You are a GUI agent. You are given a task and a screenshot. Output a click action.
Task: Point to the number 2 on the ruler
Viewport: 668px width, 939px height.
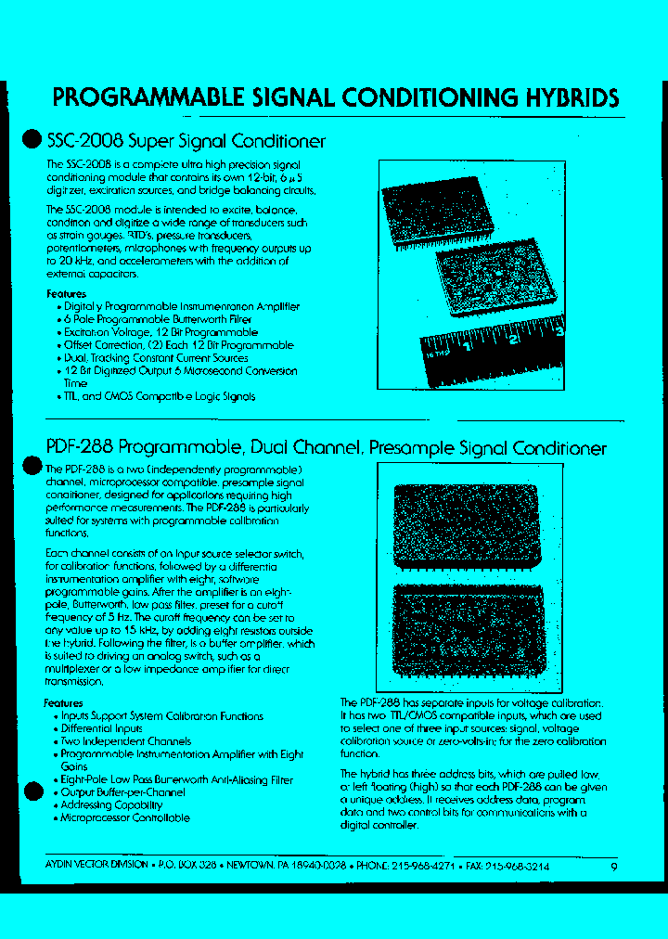pyautogui.click(x=512, y=340)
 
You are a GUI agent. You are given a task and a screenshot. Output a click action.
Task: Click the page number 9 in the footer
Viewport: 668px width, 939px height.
pyautogui.click(x=613, y=867)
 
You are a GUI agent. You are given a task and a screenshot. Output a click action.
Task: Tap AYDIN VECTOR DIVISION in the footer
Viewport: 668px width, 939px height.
pyautogui.click(x=96, y=865)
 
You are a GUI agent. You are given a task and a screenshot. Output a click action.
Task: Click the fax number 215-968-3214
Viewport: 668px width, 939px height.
pyautogui.click(x=517, y=866)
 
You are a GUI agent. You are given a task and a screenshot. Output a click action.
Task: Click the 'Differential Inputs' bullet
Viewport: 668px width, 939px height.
pyautogui.click(x=102, y=729)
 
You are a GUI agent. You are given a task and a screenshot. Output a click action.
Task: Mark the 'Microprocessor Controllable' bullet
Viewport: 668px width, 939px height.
pyautogui.click(x=125, y=818)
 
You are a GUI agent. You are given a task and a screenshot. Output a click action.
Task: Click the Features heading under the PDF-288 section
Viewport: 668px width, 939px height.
pyautogui.click(x=63, y=703)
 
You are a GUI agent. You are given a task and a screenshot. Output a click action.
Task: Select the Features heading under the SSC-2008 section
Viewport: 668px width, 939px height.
pyautogui.click(x=66, y=294)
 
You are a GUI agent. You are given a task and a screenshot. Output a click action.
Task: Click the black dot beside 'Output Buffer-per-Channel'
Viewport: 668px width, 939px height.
pyautogui.click(x=32, y=791)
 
